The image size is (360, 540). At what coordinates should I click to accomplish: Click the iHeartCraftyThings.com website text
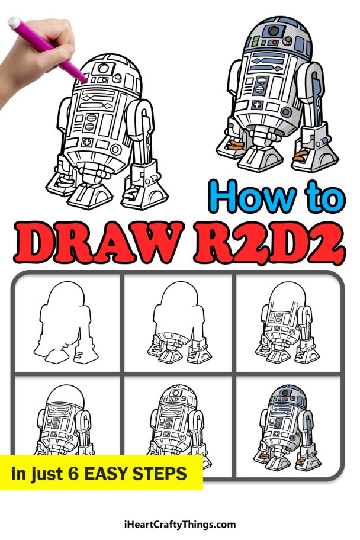[x=179, y=524]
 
